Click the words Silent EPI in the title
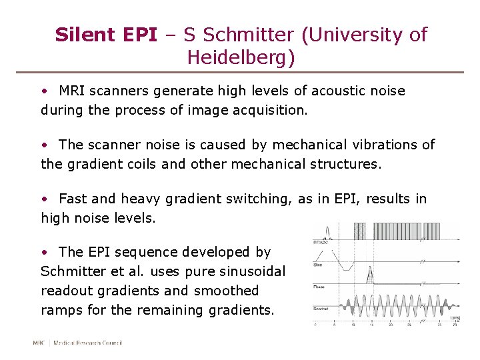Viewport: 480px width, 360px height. click(106, 35)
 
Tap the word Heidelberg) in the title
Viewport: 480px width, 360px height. click(241, 58)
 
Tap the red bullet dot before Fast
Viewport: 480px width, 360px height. click(44, 199)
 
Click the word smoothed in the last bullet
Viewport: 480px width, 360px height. click(226, 291)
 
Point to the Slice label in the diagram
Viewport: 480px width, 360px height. click(319, 265)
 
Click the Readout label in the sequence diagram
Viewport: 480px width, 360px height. click(321, 308)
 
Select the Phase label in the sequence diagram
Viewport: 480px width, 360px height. click(319, 287)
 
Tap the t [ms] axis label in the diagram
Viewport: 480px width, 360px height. click(455, 319)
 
